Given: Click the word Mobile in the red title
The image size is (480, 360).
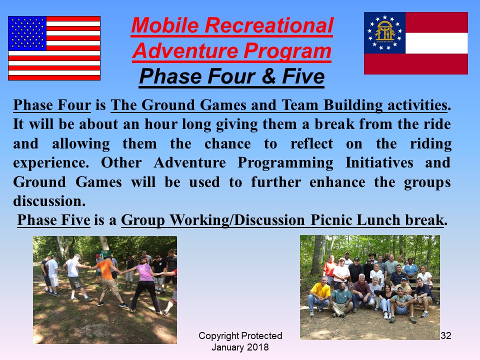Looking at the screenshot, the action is (165, 25).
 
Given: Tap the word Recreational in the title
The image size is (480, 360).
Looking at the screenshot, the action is (269, 25).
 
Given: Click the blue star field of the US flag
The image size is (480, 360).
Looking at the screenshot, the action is (27, 33).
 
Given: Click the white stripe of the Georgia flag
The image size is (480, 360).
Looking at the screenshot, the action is (436, 43).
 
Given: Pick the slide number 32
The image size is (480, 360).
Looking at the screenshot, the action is (446, 335).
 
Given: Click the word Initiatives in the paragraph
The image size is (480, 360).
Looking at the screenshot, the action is (379, 162).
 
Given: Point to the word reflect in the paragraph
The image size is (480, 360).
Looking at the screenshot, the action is (311, 143).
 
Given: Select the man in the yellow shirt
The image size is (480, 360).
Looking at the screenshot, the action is (318, 295).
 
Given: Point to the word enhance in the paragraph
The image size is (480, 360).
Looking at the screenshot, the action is (337, 182).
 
